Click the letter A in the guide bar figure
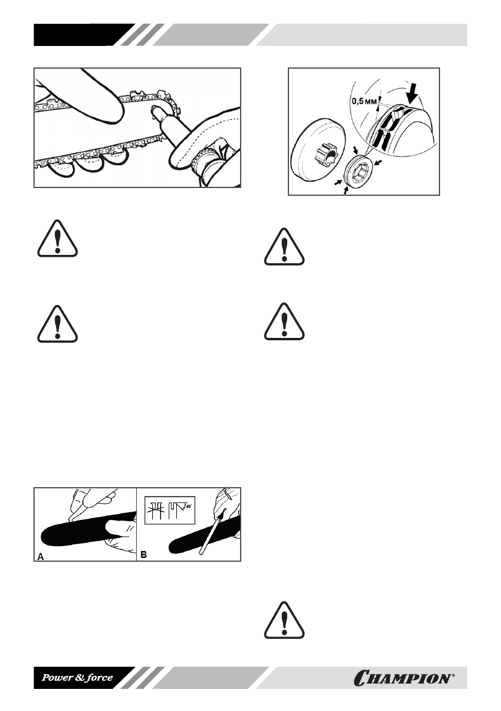click(x=41, y=555)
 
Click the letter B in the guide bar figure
click(x=144, y=555)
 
